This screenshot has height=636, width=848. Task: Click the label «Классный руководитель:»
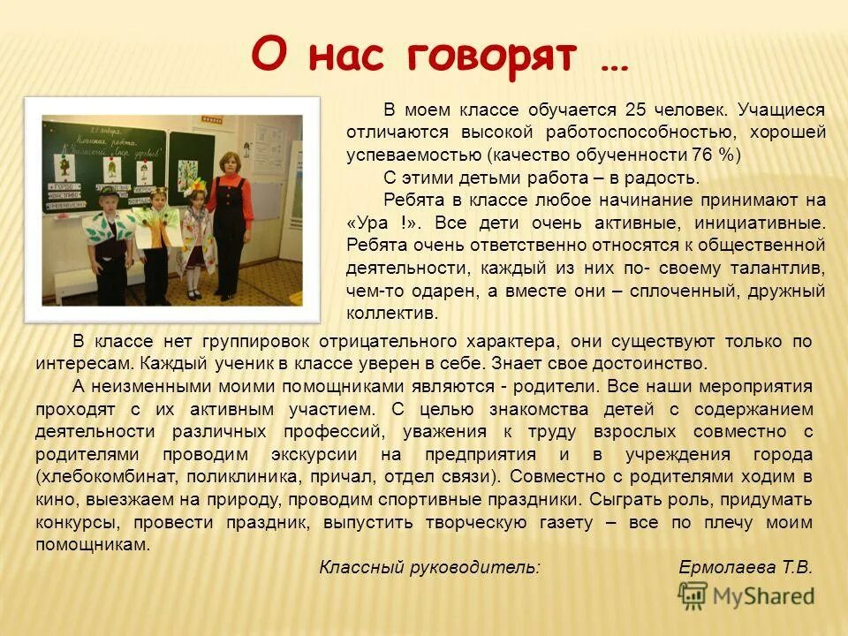coord(428,568)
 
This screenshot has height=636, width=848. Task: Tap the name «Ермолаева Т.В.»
coord(745,568)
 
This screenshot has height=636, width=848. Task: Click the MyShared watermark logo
coord(746,596)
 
